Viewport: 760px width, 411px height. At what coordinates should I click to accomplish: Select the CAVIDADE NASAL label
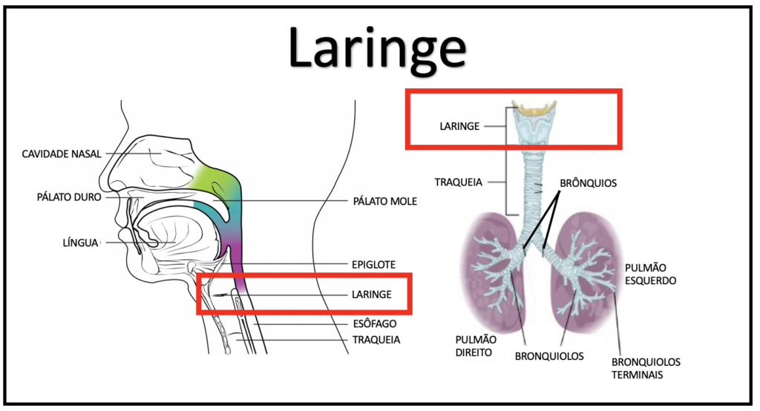click(62, 154)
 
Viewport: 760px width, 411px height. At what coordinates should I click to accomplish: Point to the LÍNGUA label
click(80, 242)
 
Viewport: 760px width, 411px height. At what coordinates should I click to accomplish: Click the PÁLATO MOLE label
click(384, 201)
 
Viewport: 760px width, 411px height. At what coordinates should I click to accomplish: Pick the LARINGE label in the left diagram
click(371, 295)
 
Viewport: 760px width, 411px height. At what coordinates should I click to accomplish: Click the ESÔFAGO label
click(374, 323)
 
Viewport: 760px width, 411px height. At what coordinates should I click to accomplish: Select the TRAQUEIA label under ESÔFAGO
click(376, 340)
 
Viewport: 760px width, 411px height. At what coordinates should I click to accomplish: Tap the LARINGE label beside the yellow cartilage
click(459, 127)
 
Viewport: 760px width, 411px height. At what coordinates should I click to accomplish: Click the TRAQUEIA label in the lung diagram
click(459, 181)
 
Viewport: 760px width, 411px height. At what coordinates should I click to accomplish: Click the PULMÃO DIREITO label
click(474, 346)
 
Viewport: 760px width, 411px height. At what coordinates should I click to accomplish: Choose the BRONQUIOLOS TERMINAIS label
click(646, 368)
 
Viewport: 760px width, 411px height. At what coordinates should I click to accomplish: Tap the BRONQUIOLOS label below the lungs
click(549, 356)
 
